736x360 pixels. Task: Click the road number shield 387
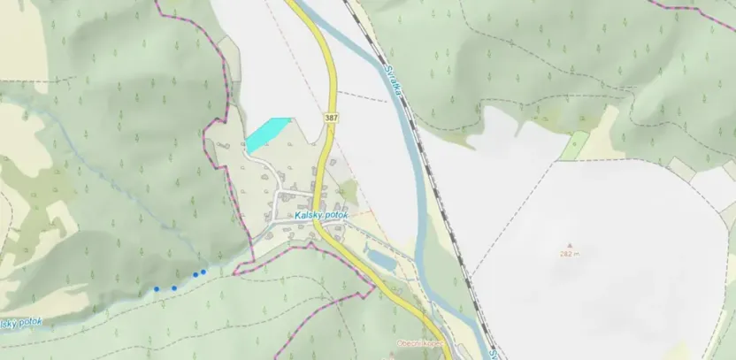pos(331,118)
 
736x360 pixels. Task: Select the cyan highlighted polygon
pos(266,134)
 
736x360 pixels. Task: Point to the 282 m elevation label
pos(569,254)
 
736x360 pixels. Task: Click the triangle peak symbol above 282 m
pos(569,246)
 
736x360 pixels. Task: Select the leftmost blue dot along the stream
pos(157,288)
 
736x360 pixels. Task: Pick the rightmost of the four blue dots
pos(204,272)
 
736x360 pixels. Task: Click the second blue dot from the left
pos(174,287)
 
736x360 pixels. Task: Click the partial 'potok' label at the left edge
pos(19,324)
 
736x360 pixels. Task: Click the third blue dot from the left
pos(196,274)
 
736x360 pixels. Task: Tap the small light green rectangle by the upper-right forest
pos(574,145)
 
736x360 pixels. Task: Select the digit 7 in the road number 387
pos(335,118)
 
